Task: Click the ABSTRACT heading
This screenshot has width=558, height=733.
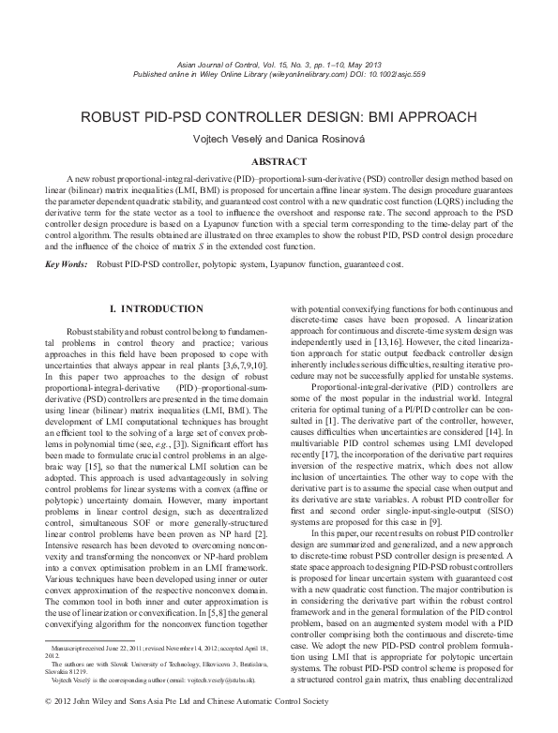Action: click(x=279, y=161)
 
